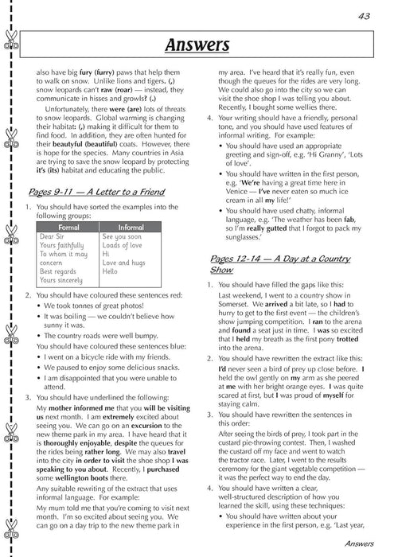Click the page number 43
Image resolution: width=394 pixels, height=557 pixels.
366,16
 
